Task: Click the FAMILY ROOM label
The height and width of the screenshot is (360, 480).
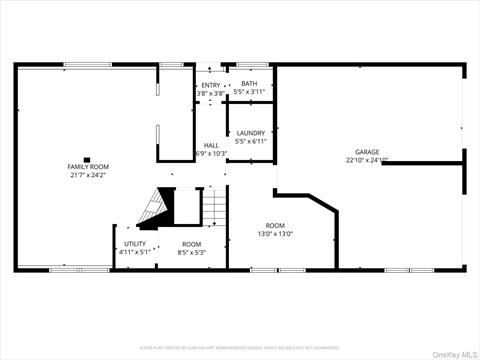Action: [x=88, y=166]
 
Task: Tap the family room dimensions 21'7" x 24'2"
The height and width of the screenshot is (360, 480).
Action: [x=88, y=175]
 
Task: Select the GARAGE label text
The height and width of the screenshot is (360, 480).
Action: [x=367, y=152]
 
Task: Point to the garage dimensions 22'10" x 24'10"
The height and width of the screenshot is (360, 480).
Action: [x=367, y=160]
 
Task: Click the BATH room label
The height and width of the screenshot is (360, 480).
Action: [x=249, y=85]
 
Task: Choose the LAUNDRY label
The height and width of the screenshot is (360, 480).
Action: [x=250, y=132]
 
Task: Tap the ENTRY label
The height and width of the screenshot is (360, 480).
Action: [x=210, y=85]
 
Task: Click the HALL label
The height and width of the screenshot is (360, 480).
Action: [x=211, y=145]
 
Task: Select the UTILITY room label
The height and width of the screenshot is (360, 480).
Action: [x=135, y=244]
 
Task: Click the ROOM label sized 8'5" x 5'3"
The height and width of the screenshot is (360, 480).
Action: [x=191, y=244]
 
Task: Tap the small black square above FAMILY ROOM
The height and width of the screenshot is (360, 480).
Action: [x=88, y=158]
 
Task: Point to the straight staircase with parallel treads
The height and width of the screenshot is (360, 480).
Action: [x=215, y=209]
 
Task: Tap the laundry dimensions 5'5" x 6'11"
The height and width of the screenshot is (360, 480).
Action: [x=250, y=141]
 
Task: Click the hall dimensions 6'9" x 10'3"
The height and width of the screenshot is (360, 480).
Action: [x=211, y=153]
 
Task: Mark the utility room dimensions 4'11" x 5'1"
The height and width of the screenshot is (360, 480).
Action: [x=135, y=252]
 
